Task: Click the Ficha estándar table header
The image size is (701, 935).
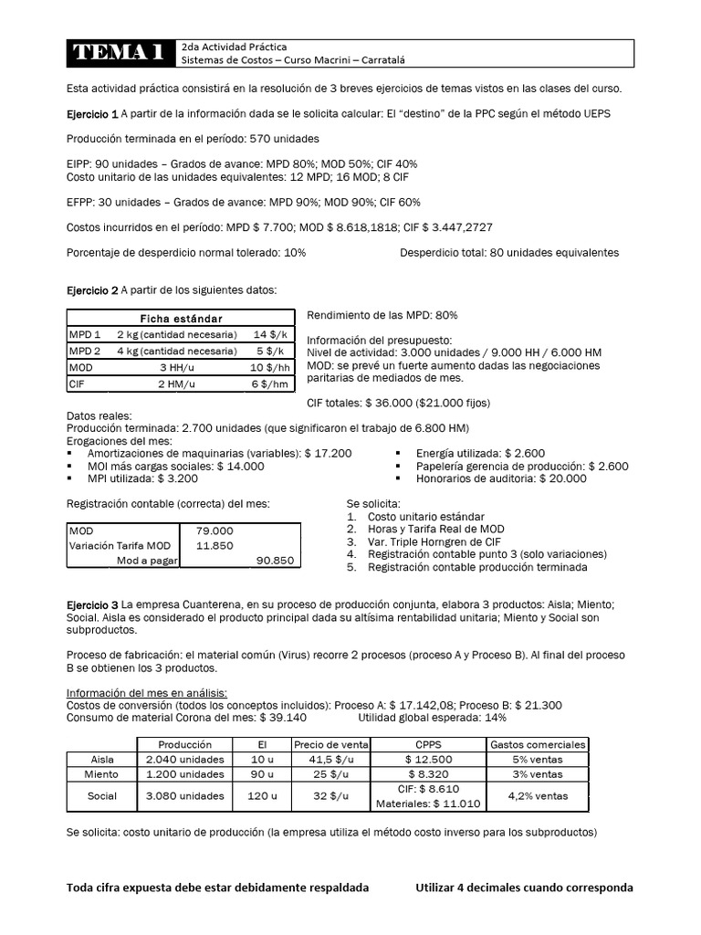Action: [x=181, y=318]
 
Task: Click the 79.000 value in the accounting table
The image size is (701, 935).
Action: [x=214, y=531]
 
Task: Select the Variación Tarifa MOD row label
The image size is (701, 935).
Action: [x=120, y=545]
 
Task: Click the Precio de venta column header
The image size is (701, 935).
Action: [x=332, y=744]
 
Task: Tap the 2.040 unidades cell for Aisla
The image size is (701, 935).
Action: [x=185, y=760]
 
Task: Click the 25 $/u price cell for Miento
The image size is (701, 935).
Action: [x=332, y=774]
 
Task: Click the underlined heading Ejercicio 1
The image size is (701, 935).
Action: [x=92, y=114]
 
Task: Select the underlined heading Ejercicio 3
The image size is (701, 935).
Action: [x=92, y=604]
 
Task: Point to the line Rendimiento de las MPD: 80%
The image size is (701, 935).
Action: [x=382, y=315]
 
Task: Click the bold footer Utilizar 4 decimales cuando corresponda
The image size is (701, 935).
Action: [x=523, y=887]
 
